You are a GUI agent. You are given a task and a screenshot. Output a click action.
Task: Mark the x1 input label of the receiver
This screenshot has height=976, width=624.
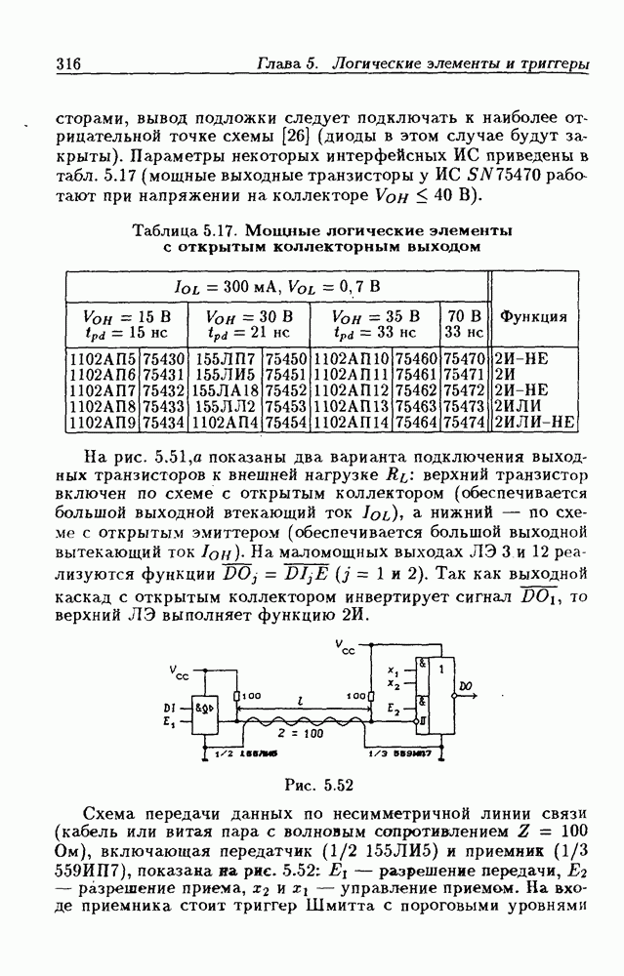pyautogui.click(x=393, y=672)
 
